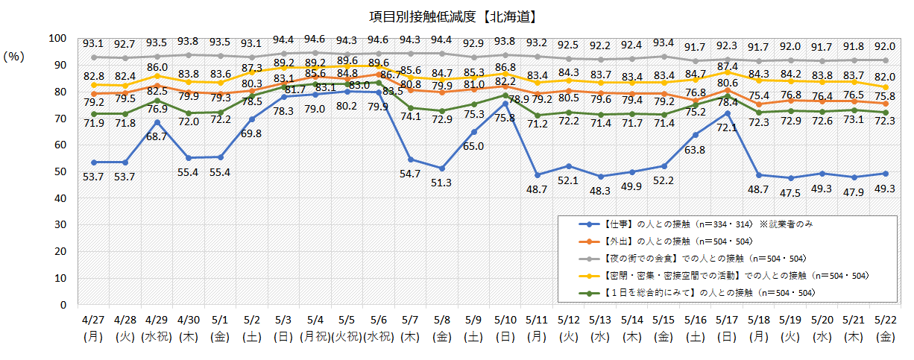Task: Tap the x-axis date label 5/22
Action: tap(884, 321)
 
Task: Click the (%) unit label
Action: tap(16, 57)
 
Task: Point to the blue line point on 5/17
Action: tap(726, 113)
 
